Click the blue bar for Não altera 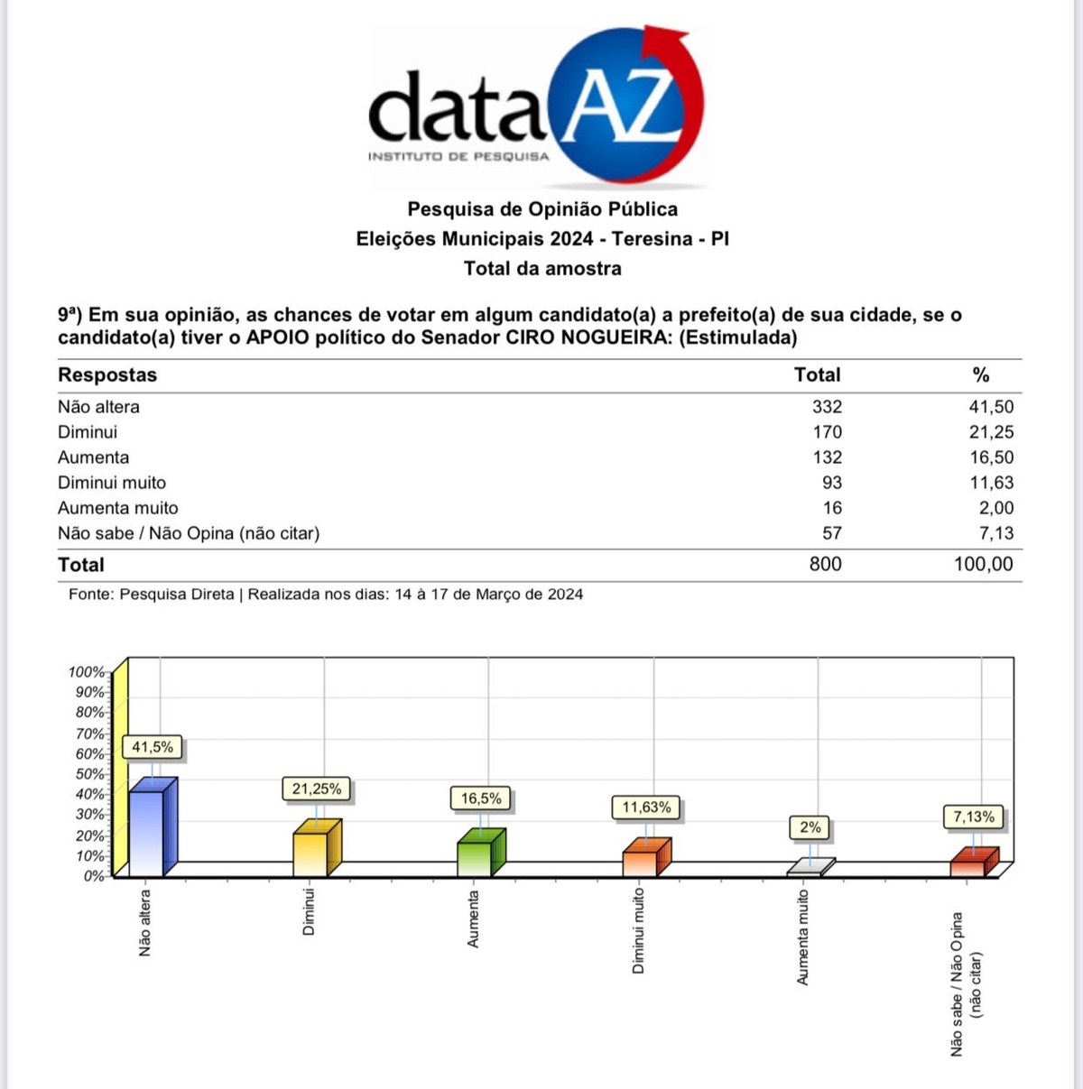pos(147,832)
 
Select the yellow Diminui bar pos(310,853)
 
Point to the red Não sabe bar pos(968,867)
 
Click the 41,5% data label pos(153,747)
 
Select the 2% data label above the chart pos(810,826)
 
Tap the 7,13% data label pos(974,817)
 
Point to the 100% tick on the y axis pos(87,672)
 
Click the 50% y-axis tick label pos(90,774)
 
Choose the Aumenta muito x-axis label pos(803,937)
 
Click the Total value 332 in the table pos(827,407)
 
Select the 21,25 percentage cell pos(991,432)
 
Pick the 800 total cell pos(825,564)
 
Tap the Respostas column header pos(107,375)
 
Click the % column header pos(981,375)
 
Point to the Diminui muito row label pos(112,483)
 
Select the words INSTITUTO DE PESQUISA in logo pos(458,157)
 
